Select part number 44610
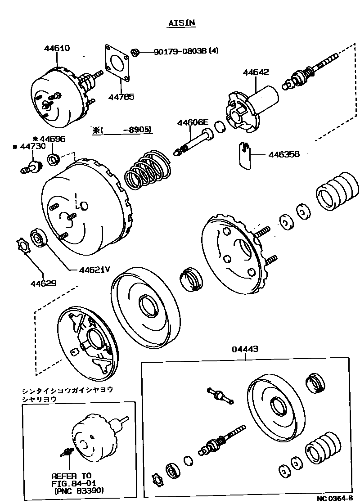57,48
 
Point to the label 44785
121,96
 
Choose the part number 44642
256,72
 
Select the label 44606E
193,122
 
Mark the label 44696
51,139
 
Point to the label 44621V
94,270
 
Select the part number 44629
43,283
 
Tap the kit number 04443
246,349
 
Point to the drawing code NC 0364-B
335,499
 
